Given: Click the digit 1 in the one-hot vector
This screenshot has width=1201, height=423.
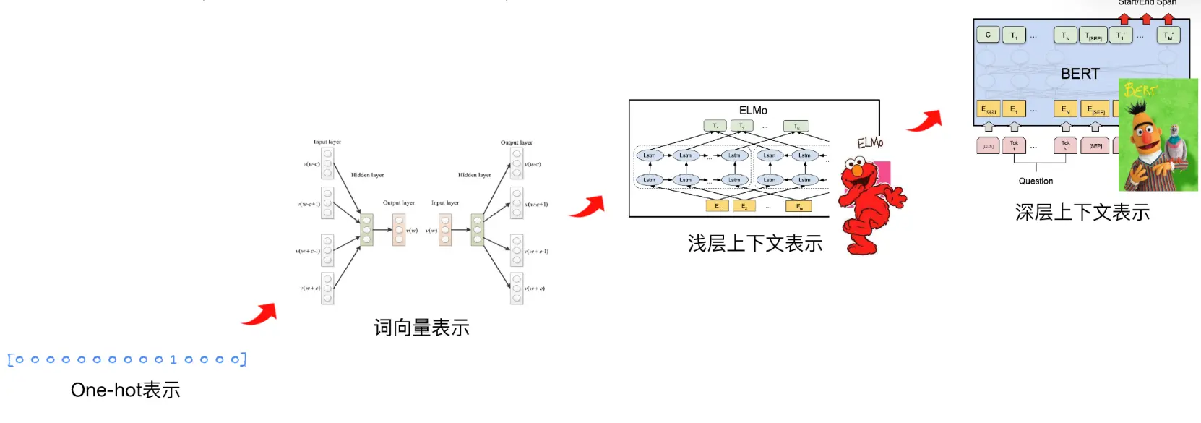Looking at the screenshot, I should pyautogui.click(x=173, y=359).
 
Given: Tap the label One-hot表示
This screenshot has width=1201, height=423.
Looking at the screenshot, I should pyautogui.click(x=125, y=390).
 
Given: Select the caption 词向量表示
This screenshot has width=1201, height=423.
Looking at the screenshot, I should pyautogui.click(x=421, y=328).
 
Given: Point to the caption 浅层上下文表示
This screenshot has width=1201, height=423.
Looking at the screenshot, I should pyautogui.click(x=755, y=244).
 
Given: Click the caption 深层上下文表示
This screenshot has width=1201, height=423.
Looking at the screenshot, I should pyautogui.click(x=1082, y=213).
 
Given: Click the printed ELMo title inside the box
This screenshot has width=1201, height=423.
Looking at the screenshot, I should pyautogui.click(x=753, y=111).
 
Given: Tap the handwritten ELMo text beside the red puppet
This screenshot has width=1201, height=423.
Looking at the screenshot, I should pyautogui.click(x=870, y=142).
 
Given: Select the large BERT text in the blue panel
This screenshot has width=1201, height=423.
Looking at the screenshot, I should pyautogui.click(x=1080, y=74).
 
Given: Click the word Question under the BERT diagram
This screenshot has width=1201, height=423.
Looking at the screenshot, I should pyautogui.click(x=1036, y=181).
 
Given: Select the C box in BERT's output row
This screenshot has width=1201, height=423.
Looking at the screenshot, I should pyautogui.click(x=988, y=35).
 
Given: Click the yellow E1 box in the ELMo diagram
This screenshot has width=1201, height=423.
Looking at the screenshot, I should pyautogui.click(x=718, y=206).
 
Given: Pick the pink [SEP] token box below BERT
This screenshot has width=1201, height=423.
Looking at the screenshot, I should pyautogui.click(x=1095, y=146).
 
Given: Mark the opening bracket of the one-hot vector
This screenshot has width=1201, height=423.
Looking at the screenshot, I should pyautogui.click(x=11, y=359).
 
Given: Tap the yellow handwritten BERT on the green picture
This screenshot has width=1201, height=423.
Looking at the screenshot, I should pyautogui.click(x=1140, y=90).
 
